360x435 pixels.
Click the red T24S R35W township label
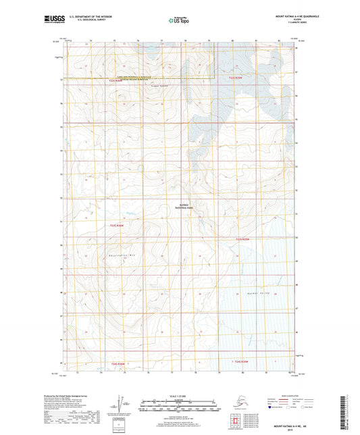tap(242, 363)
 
